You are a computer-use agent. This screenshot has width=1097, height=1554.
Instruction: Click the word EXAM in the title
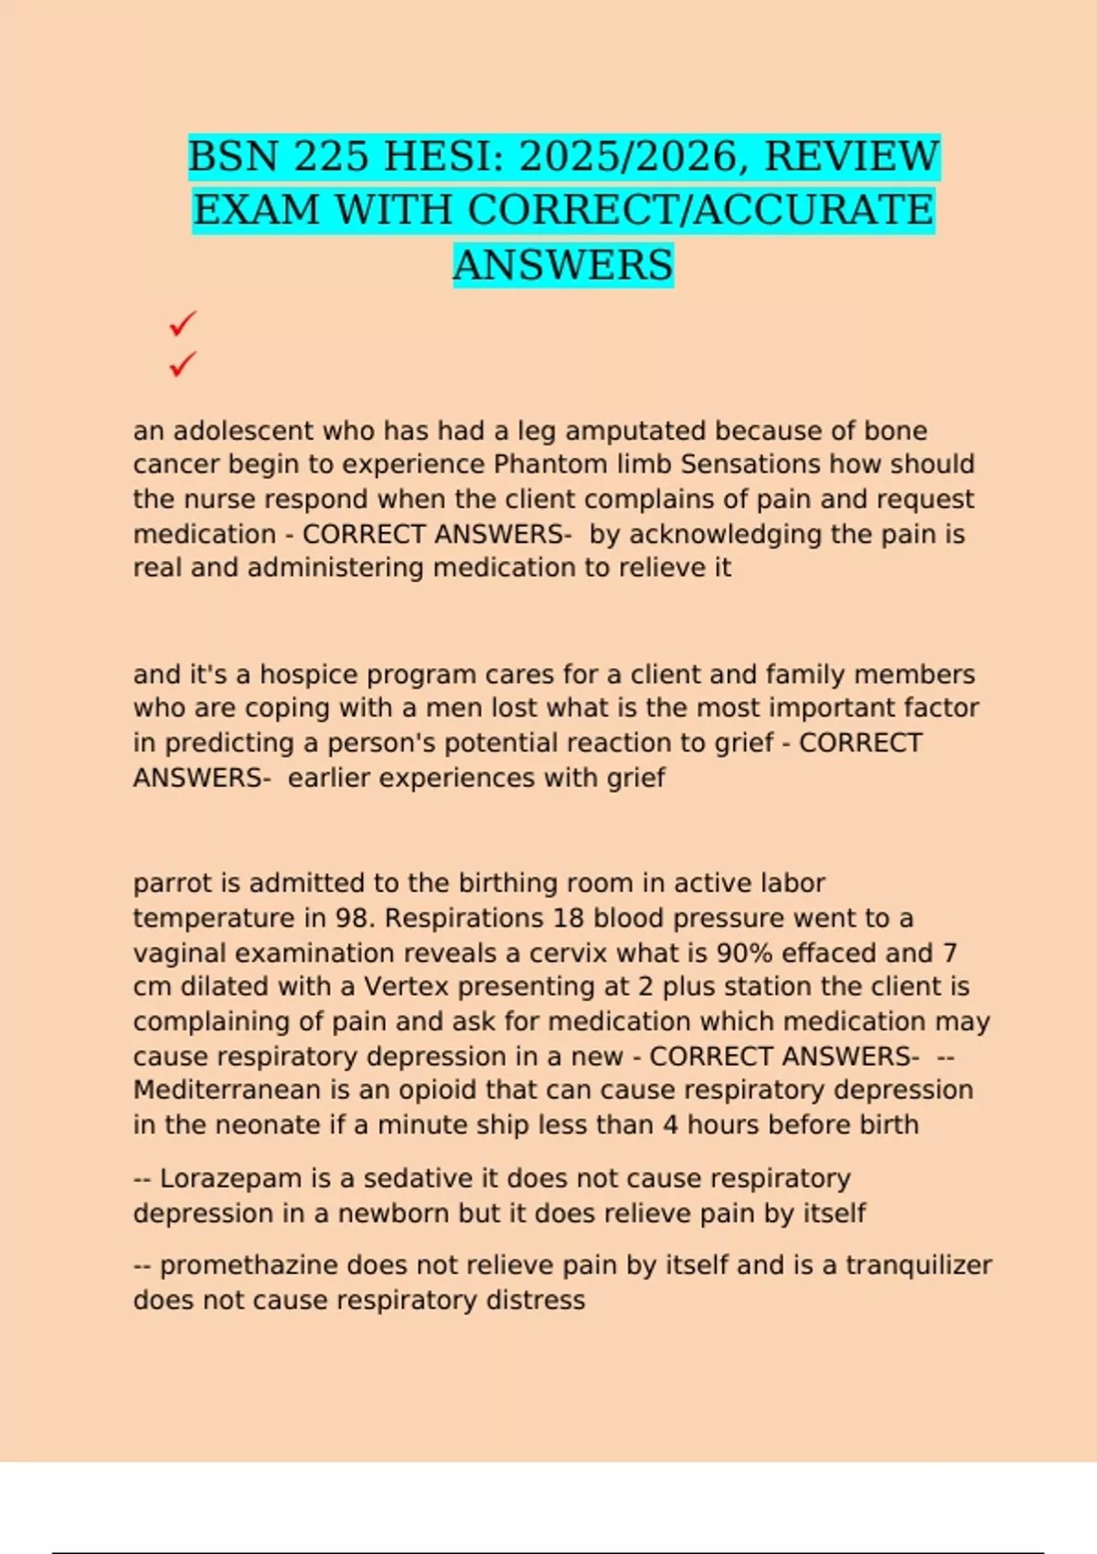click(x=256, y=210)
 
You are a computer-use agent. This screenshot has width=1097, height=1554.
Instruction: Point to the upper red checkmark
click(x=183, y=324)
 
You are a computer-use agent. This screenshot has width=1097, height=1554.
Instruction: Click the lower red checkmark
click(x=183, y=364)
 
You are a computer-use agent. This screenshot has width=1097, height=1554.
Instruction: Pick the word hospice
click(x=308, y=675)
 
